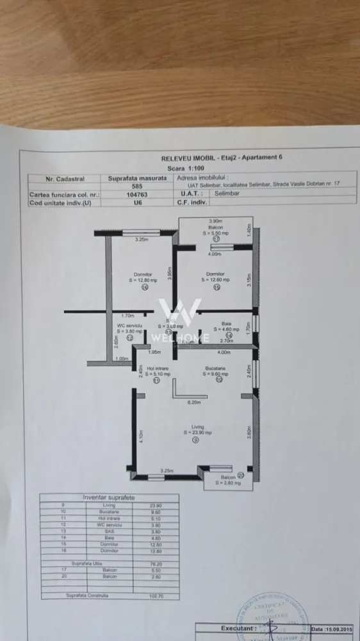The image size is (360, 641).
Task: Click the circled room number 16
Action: (x=144, y=288)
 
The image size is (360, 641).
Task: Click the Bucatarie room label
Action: (x=218, y=369)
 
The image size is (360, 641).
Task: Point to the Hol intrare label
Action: (x=157, y=369)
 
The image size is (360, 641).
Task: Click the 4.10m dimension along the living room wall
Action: (x=141, y=438)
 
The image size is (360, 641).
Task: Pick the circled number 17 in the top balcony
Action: (x=217, y=238)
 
